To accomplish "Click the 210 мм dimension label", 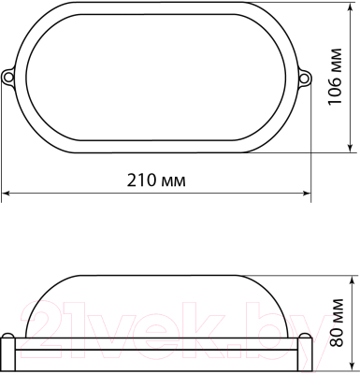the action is pos(156,180).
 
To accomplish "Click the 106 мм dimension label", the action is pos(335,77).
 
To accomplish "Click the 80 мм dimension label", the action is pos(337,323).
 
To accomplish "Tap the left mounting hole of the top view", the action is pos(7,77).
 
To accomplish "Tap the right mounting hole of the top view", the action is pos(304,78).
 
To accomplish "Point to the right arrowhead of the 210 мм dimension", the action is pos(307,194).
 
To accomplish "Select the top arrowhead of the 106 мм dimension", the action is pos(352,7).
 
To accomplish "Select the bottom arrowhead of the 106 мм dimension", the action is pos(351,148).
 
